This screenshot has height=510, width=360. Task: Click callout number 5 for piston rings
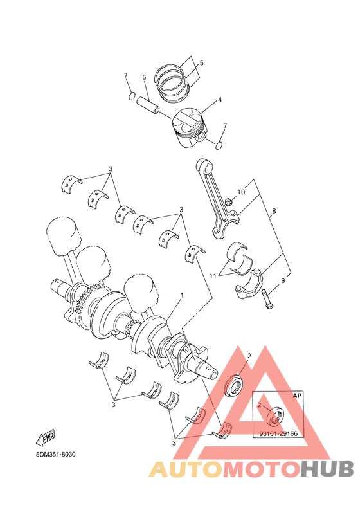201,63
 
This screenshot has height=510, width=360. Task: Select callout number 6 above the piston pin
144,78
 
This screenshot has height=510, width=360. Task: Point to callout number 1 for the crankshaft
182,295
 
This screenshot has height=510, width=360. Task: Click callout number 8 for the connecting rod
274,211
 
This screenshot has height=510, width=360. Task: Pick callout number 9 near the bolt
282,280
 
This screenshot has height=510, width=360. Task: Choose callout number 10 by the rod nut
241,192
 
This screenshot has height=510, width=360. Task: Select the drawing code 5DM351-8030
56,455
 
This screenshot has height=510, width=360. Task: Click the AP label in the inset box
297,397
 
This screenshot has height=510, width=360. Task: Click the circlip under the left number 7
132,97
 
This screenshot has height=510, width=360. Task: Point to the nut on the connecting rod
230,203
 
